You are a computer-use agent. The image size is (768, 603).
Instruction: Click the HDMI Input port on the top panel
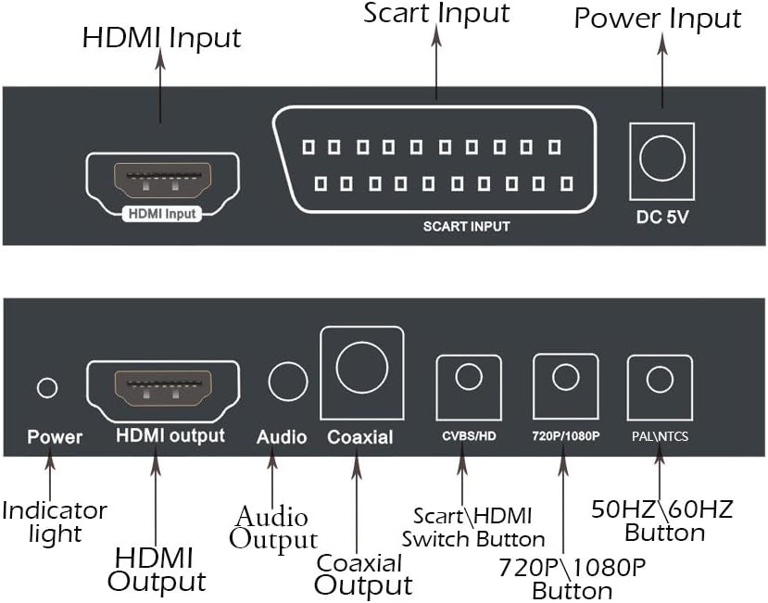tap(162, 177)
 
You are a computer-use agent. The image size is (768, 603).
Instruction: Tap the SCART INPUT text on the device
tap(466, 225)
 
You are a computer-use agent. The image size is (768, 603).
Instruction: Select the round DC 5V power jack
tap(662, 161)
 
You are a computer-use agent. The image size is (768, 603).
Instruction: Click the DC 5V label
tap(662, 220)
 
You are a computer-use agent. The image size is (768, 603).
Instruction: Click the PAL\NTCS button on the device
tap(659, 379)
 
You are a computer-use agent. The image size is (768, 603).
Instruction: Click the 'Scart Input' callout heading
tap(436, 14)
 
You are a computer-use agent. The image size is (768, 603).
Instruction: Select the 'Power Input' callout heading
tap(658, 19)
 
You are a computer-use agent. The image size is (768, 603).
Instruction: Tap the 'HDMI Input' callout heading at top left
tap(161, 38)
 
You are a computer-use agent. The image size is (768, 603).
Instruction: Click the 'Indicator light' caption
tap(55, 521)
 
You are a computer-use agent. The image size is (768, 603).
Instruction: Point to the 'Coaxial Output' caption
tap(361, 574)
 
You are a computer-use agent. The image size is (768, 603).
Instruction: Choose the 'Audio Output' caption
tap(273, 528)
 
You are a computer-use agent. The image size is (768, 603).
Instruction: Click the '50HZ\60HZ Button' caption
tap(662, 521)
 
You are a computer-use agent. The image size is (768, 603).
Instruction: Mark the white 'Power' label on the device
tap(55, 436)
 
